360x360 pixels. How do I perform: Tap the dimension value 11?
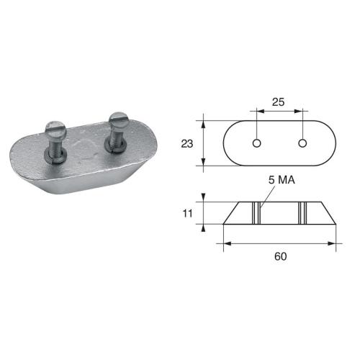(188, 214)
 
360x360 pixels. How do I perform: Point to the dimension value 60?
(279, 255)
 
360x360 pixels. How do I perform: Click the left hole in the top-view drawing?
(256, 143)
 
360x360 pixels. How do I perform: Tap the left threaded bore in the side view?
(256, 213)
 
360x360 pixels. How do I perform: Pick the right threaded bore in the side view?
(303, 213)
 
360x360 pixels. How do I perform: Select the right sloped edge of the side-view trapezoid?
(328, 213)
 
